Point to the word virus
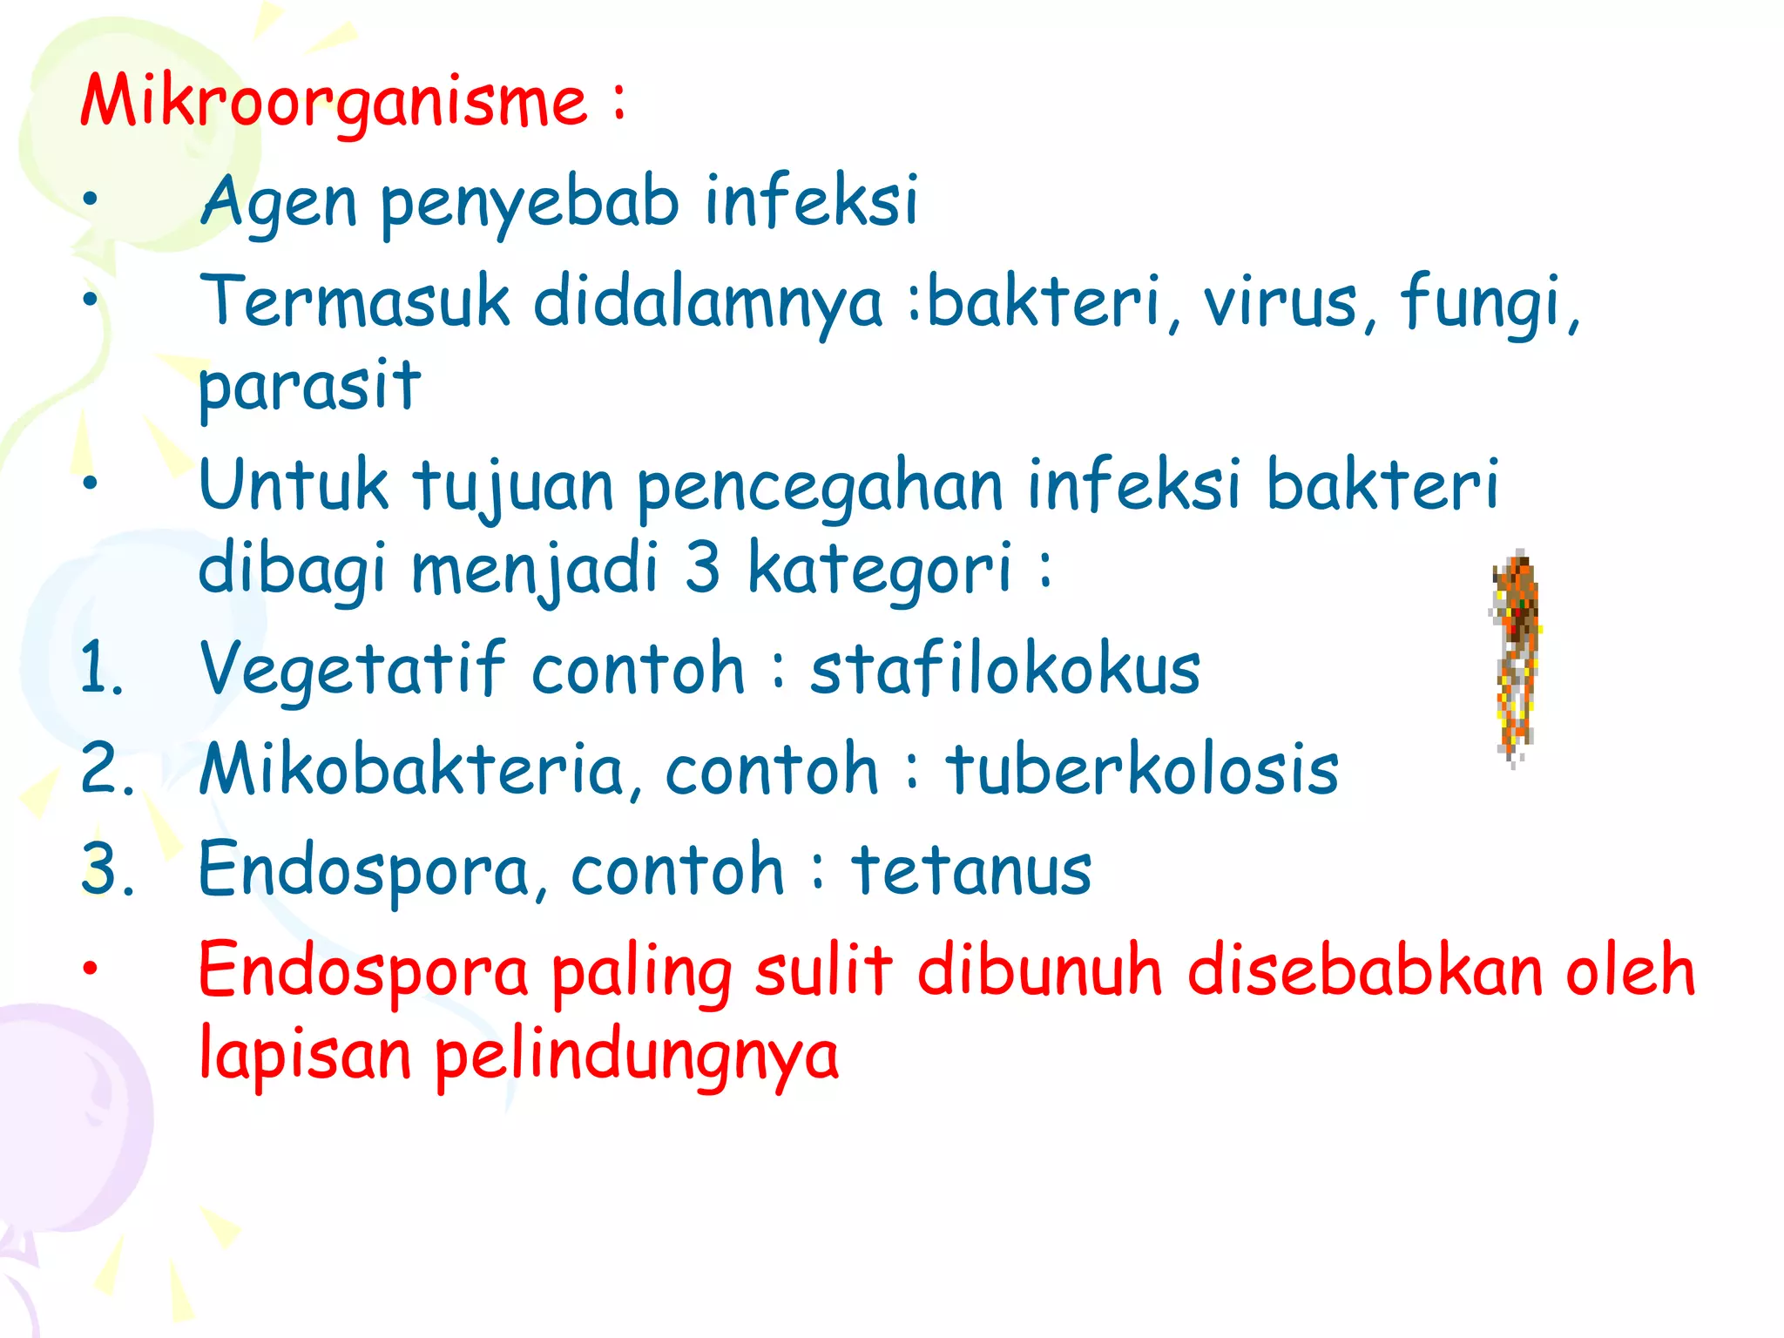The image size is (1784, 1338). (1281, 301)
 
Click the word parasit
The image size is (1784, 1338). (309, 386)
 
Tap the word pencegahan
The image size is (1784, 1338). (821, 486)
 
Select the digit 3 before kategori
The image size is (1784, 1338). (702, 567)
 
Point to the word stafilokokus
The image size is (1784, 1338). (1005, 669)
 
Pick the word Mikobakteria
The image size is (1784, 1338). (412, 769)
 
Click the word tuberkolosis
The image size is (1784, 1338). (1142, 769)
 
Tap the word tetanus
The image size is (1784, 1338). (971, 869)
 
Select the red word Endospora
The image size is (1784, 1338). (364, 970)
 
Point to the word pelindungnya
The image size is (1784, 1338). (637, 1054)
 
